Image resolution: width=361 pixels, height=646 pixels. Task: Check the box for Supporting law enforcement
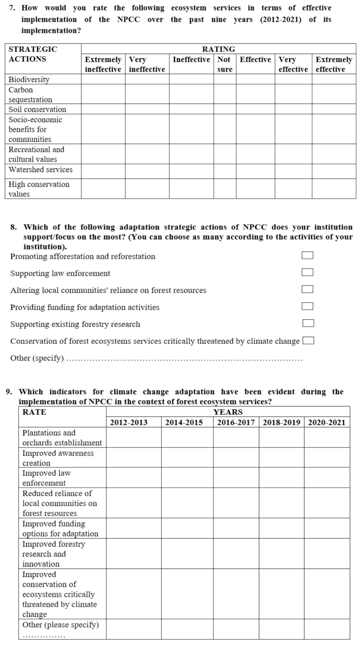click(x=307, y=272)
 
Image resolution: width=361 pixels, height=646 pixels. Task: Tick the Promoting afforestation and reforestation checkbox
click(x=307, y=255)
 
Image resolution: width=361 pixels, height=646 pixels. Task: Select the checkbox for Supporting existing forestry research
click(x=308, y=323)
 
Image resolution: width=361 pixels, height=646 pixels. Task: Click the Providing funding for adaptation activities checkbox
click(x=307, y=306)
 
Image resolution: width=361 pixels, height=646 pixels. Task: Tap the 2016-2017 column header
click(x=236, y=423)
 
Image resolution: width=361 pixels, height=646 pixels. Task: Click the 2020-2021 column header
click(x=327, y=423)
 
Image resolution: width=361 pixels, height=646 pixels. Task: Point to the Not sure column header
click(x=225, y=64)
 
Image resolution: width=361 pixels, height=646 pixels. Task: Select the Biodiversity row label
click(x=29, y=79)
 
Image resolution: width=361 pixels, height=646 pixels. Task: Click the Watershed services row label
click(x=41, y=170)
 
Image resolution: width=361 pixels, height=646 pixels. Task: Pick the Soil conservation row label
click(x=37, y=109)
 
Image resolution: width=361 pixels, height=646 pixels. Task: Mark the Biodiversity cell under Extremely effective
click(x=333, y=79)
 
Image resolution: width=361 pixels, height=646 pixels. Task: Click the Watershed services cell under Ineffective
click(x=191, y=171)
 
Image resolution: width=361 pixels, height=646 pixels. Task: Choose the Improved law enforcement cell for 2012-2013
click(x=133, y=478)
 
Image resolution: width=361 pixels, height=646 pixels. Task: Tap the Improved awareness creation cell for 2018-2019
click(x=281, y=458)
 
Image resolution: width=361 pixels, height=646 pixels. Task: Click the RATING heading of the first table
click(x=218, y=49)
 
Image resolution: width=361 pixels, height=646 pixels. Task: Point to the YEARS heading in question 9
click(x=228, y=412)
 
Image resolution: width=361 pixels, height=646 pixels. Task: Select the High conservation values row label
click(x=39, y=189)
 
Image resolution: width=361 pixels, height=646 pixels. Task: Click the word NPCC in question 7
click(x=128, y=19)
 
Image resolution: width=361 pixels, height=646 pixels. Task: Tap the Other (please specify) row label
click(x=61, y=625)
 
